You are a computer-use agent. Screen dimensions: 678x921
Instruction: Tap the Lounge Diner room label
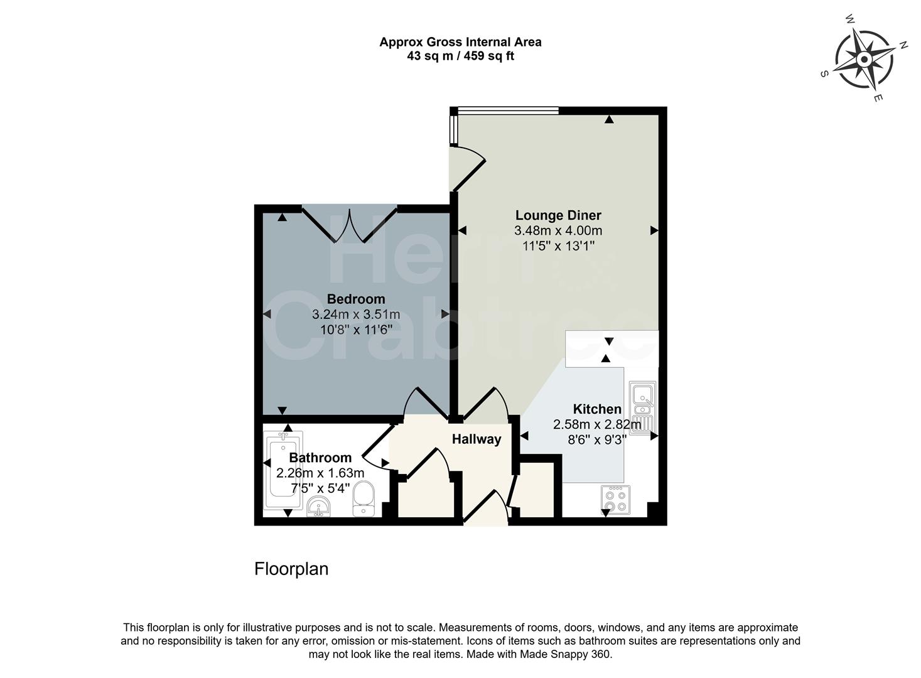pos(557,215)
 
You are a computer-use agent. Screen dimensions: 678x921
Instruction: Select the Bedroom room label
pos(355,299)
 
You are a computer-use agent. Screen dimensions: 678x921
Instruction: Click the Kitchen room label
pos(596,409)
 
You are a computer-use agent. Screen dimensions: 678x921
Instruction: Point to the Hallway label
pos(477,439)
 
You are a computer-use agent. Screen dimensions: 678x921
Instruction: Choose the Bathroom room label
pos(320,458)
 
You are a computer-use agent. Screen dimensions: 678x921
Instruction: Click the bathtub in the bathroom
pos(283,469)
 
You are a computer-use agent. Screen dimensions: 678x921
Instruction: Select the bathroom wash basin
pos(320,506)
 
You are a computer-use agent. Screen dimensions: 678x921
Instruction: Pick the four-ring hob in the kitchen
pos(615,500)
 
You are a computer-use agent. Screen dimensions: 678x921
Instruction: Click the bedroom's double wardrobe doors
pos(349,225)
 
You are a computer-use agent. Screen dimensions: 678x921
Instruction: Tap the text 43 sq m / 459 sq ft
pos(460,56)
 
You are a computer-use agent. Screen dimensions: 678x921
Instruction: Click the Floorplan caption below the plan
pos(291,569)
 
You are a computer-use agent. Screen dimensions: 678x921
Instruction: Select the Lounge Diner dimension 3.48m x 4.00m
pos(557,230)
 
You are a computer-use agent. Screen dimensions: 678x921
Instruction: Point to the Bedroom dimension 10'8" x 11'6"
pos(355,328)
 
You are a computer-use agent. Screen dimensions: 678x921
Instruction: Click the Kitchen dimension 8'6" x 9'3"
pos(597,440)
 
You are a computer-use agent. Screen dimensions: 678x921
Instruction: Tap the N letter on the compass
pos(904,45)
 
